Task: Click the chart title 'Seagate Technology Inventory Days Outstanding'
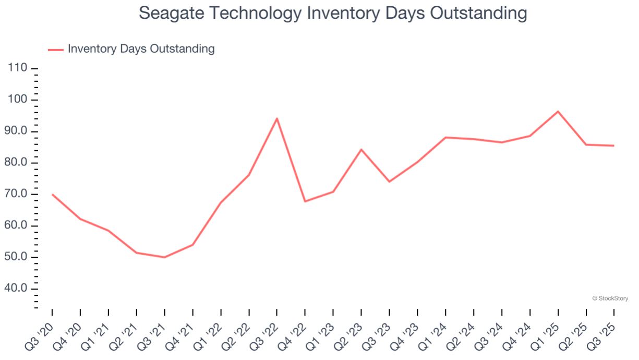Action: point(333,13)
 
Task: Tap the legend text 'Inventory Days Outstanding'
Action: point(141,49)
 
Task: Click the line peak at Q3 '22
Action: point(277,118)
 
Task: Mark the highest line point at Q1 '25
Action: point(558,111)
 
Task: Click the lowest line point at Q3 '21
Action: point(164,257)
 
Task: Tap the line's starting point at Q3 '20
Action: point(52,194)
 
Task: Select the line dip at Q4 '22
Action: point(305,201)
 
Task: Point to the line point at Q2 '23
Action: point(361,150)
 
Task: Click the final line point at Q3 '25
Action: point(614,146)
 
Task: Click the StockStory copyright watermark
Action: point(610,298)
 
